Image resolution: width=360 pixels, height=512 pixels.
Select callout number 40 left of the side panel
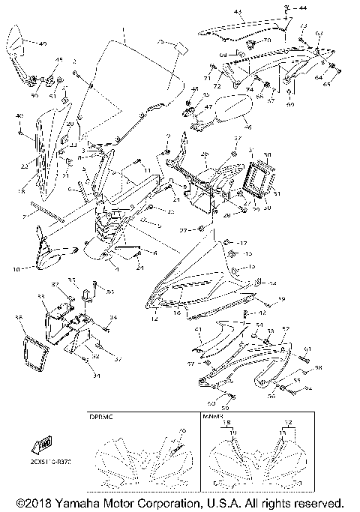pos(19,115)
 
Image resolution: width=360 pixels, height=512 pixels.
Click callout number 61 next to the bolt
pos(307,350)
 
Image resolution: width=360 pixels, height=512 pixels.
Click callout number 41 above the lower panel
pos(198,330)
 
